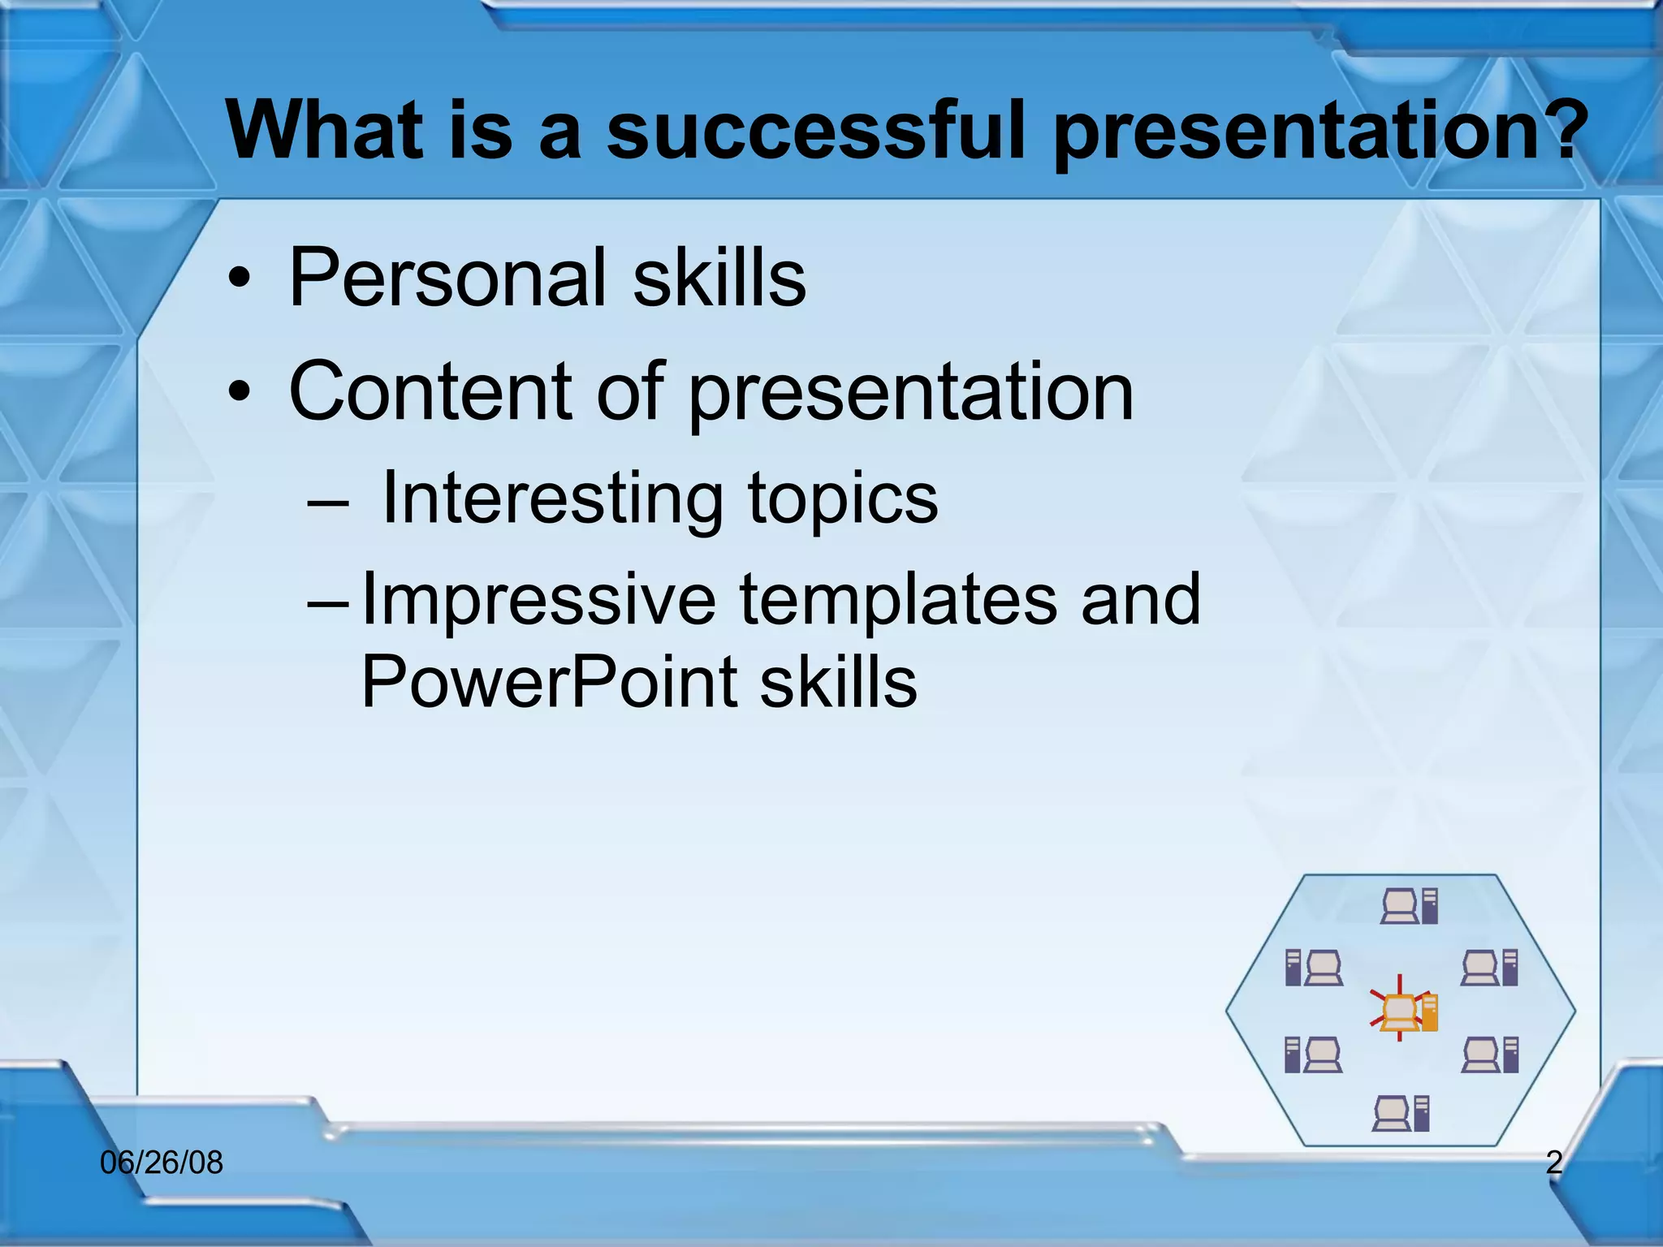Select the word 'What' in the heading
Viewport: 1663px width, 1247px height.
pyautogui.click(x=325, y=130)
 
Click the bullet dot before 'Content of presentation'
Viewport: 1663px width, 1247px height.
pyautogui.click(x=239, y=394)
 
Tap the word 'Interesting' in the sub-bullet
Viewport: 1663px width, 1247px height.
pyautogui.click(x=552, y=498)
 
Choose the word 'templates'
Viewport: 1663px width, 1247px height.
pyautogui.click(x=898, y=601)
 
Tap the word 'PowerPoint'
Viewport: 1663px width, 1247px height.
pyautogui.click(x=548, y=682)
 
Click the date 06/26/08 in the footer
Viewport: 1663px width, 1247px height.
pyautogui.click(x=162, y=1163)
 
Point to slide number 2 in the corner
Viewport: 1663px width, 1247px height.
pyautogui.click(x=1553, y=1163)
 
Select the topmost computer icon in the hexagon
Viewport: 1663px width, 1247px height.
pyautogui.click(x=1409, y=906)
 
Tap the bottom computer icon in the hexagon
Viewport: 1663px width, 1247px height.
pyautogui.click(x=1401, y=1113)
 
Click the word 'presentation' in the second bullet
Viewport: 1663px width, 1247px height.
pyautogui.click(x=910, y=393)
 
